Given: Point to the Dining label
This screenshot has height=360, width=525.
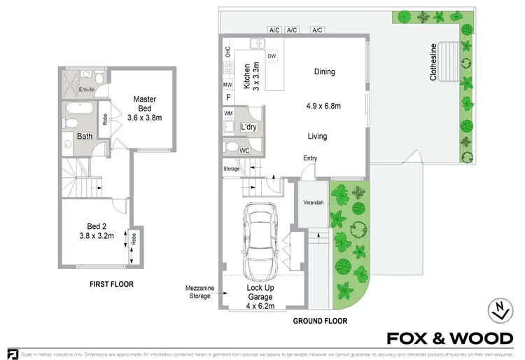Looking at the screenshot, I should coord(324,72).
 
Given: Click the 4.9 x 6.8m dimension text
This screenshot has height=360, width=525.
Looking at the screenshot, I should coord(323,106).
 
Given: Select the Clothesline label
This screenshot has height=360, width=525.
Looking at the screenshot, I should coord(433,63).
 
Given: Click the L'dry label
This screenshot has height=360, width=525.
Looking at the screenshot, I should coord(248,127).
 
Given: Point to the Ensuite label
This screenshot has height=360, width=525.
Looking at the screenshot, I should coord(86,90).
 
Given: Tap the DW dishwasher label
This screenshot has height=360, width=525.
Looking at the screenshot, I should coord(272,56).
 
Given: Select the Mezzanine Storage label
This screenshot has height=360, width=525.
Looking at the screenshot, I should coord(199,292).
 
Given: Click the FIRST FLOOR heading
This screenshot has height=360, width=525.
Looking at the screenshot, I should coord(111,284).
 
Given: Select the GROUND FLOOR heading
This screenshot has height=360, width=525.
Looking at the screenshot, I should coord(319,321).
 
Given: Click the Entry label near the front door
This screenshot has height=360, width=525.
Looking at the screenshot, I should coord(310,158).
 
